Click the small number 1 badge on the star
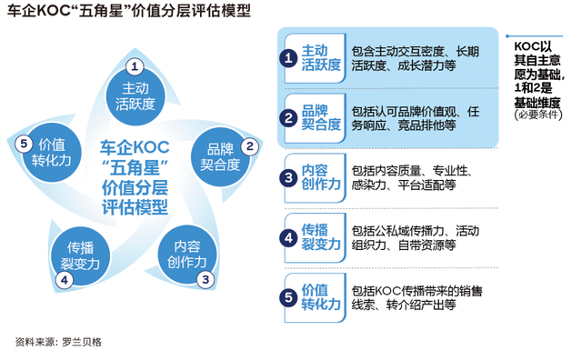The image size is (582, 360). pos(134,66)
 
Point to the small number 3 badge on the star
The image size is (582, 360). pos(206,279)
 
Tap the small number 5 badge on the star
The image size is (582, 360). pos(25,141)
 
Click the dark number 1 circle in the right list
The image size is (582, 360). pos(288,59)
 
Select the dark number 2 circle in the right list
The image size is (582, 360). pos(288,116)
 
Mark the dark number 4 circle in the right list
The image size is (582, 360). pos(288,237)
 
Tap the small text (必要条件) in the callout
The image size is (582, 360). pos(539,115)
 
